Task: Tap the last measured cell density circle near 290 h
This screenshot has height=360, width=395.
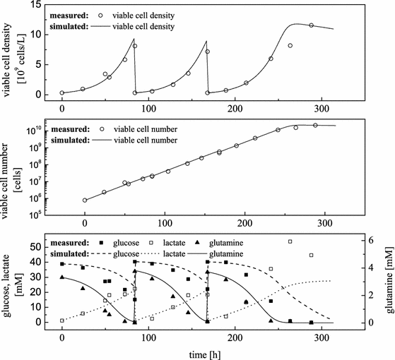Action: tap(312, 25)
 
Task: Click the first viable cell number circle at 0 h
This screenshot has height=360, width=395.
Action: tap(85, 200)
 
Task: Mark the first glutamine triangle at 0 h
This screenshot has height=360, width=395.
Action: tap(62, 277)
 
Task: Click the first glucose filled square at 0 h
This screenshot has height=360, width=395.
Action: tap(62, 264)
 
